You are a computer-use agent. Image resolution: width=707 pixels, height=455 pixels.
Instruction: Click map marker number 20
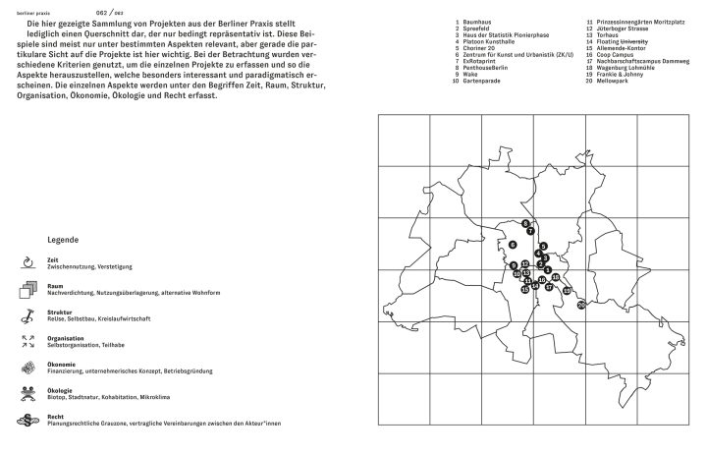pyautogui.click(x=581, y=305)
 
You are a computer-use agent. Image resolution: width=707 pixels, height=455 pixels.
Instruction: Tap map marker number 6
pyautogui.click(x=513, y=245)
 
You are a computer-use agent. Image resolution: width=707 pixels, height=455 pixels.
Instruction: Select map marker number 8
pyautogui.click(x=526, y=223)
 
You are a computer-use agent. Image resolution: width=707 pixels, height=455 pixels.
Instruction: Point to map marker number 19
pyautogui.click(x=567, y=290)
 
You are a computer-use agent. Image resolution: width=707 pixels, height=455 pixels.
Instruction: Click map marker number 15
pyautogui.click(x=525, y=289)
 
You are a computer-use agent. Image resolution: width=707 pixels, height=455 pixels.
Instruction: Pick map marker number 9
pyautogui.click(x=514, y=265)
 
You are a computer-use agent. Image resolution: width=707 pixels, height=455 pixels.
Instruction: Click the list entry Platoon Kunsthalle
pyautogui.click(x=489, y=42)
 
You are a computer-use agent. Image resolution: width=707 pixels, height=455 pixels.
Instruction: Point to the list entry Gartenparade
pyautogui.click(x=483, y=79)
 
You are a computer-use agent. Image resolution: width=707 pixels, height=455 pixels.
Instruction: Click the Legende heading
pyautogui.click(x=64, y=240)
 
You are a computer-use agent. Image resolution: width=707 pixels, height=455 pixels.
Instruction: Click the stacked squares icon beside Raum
pyautogui.click(x=27, y=289)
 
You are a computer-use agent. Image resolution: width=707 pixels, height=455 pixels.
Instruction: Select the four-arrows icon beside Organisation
pyautogui.click(x=27, y=341)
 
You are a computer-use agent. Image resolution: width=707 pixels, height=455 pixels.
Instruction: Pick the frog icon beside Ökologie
pyautogui.click(x=27, y=393)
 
